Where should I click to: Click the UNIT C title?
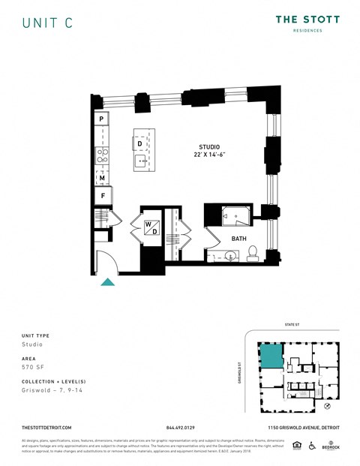47,23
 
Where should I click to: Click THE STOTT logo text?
307,20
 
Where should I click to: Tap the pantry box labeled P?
101,119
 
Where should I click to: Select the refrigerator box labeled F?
101,196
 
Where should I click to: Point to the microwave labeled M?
101,178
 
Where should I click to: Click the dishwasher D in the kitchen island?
139,143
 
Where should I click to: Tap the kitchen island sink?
139,161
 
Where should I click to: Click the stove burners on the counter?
100,155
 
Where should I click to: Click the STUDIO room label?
209,146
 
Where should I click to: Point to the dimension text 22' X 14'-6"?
209,155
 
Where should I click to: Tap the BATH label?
238,239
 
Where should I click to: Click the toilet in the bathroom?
253,252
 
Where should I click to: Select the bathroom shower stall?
236,216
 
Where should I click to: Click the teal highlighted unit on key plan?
271,356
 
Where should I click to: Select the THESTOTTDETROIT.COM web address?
46,427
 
